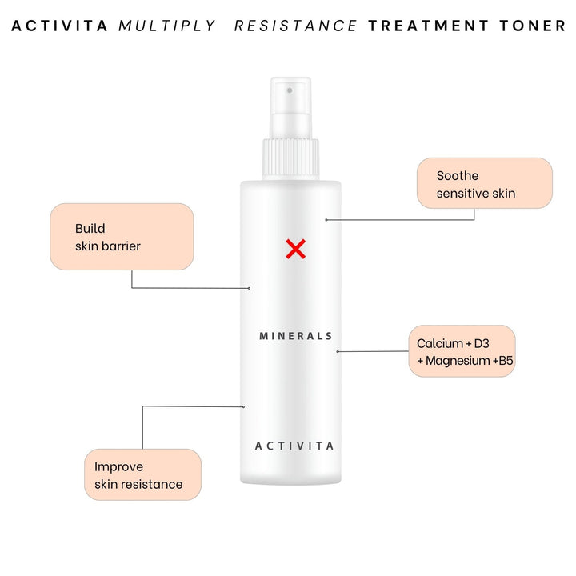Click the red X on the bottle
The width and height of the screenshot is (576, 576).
coord(296,249)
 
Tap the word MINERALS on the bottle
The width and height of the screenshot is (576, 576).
coord(296,336)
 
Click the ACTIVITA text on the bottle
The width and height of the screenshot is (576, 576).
coord(294,446)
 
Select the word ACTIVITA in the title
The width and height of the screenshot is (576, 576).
coord(59,26)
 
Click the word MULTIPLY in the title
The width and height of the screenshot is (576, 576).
coord(166,26)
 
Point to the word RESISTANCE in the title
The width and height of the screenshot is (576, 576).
coord(296,26)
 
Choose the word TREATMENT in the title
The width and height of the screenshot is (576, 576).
coord(428,26)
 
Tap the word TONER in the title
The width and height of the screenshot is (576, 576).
coord(532,26)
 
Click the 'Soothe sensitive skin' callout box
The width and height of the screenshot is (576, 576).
coord(485,183)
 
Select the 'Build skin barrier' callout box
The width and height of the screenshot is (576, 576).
coord(122,237)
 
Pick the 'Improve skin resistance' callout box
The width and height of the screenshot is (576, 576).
coord(143,474)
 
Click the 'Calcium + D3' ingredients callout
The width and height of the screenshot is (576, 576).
coord(462,351)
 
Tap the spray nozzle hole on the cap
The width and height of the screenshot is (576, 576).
coord(290,90)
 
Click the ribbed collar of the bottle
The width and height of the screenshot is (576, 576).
coord(290,159)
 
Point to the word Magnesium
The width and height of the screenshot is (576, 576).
coord(458,361)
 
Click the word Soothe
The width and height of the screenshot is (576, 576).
coord(458,175)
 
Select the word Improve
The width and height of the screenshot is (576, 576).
coord(118,467)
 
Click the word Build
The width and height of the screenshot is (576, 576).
coord(90,229)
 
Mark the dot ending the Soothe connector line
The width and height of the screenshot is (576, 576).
coord(326,220)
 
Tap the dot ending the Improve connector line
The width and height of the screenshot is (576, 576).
coord(243,407)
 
